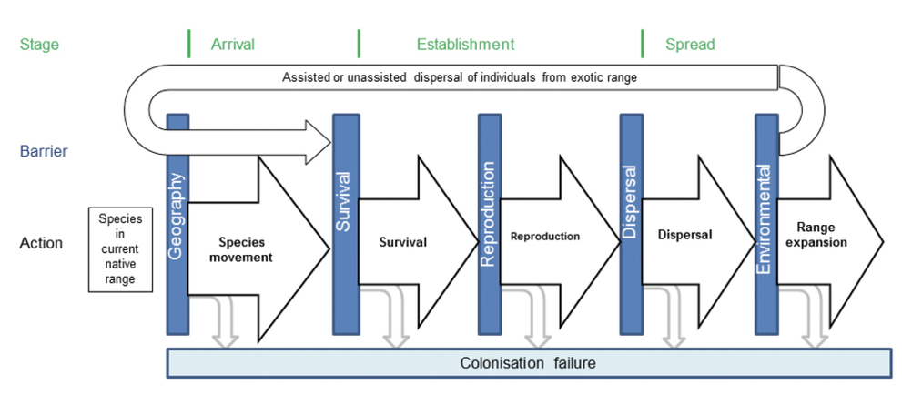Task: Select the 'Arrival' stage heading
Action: click(x=233, y=44)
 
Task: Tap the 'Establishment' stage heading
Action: click(x=465, y=44)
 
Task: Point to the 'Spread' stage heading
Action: click(x=690, y=44)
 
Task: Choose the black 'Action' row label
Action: click(x=41, y=243)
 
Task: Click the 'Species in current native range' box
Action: click(x=119, y=248)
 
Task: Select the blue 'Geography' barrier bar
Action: click(x=177, y=224)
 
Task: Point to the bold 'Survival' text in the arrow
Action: click(x=403, y=242)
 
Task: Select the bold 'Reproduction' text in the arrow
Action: click(x=545, y=237)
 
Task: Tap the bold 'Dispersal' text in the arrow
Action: click(x=684, y=235)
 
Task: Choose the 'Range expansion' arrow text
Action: click(x=821, y=235)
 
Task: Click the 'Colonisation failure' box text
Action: click(x=529, y=363)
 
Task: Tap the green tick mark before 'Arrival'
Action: click(x=188, y=43)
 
